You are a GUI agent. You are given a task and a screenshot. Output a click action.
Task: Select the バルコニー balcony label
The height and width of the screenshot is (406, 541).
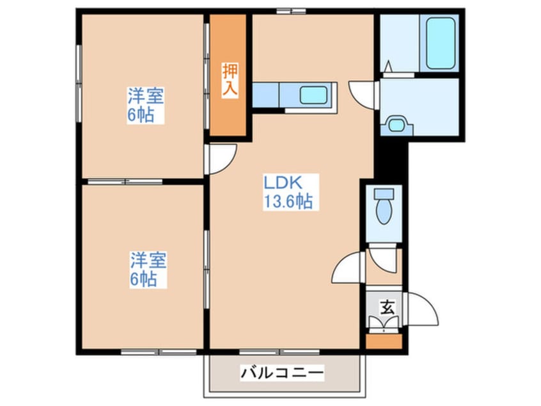(283, 373)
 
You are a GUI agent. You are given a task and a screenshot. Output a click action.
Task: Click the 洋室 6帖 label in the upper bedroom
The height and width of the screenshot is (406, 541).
(146, 106)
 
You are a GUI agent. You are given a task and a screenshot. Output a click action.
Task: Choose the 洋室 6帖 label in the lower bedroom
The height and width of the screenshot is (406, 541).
(149, 270)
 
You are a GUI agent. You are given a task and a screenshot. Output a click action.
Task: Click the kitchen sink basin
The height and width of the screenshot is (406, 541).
(313, 95)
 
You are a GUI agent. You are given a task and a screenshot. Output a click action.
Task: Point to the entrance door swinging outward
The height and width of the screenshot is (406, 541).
(423, 310)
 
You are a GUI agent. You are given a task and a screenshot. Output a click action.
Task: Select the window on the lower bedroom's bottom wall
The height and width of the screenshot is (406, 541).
(150, 352)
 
